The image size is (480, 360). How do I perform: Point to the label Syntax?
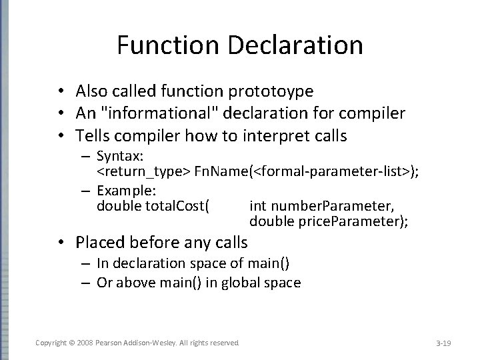pyautogui.click(x=119, y=157)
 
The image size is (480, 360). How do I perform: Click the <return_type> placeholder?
pyautogui.click(x=143, y=173)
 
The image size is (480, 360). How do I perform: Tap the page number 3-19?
pyautogui.click(x=443, y=343)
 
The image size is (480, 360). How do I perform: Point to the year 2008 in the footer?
pyautogui.click(x=85, y=343)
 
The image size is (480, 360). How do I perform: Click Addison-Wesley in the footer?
pyautogui.click(x=150, y=343)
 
